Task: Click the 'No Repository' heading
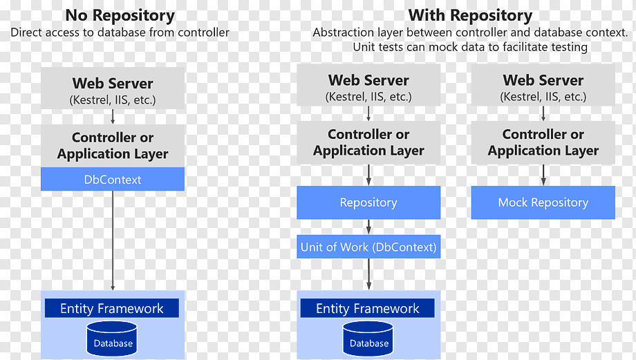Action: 120,15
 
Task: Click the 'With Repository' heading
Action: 470,15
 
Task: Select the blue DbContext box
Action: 113,179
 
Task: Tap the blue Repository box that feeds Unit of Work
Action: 368,202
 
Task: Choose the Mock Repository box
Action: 543,202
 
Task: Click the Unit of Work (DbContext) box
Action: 368,247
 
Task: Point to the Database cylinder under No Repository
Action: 112,339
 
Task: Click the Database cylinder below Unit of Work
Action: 368,339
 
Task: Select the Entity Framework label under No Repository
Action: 112,308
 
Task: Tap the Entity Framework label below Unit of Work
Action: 368,308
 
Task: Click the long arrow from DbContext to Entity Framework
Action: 113,240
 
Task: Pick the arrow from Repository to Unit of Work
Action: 368,227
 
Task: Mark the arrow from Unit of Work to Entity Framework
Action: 368,274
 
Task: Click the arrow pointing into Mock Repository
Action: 543,175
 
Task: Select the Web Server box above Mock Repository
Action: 543,85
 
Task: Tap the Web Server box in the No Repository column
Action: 113,88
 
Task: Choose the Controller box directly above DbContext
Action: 113,146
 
